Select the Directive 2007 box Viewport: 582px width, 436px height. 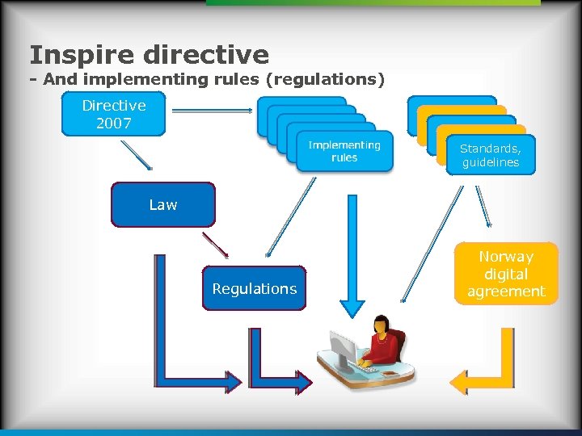pos(114,114)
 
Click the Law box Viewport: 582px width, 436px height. pos(163,204)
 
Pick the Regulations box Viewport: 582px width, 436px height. pos(255,288)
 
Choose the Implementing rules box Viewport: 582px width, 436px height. pos(344,151)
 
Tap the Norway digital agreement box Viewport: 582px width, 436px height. pos(506,274)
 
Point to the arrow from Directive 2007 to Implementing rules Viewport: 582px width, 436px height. pos(213,110)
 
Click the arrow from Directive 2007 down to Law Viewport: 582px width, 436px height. pos(136,155)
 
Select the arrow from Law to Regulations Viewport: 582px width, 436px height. pos(215,245)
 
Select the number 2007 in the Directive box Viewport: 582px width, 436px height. pos(114,124)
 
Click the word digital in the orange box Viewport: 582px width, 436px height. pos(506,274)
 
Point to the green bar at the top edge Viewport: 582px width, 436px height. pos(372,3)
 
